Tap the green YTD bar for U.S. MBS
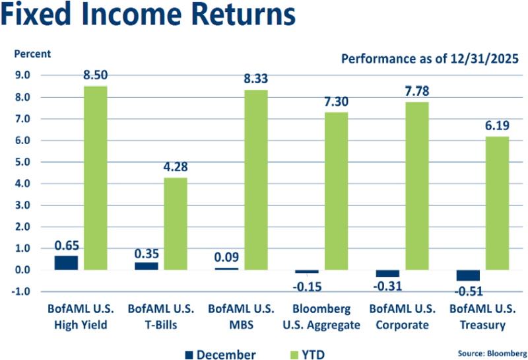[x=256, y=180]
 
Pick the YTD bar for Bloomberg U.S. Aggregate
[x=336, y=191]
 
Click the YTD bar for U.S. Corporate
[x=416, y=186]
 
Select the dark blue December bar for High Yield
[x=66, y=262]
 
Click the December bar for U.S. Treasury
[x=467, y=275]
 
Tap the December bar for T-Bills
[x=147, y=266]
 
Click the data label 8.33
[x=256, y=79]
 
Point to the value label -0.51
[x=469, y=291]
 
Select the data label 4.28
[x=176, y=166]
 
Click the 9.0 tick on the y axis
[x=22, y=75]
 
